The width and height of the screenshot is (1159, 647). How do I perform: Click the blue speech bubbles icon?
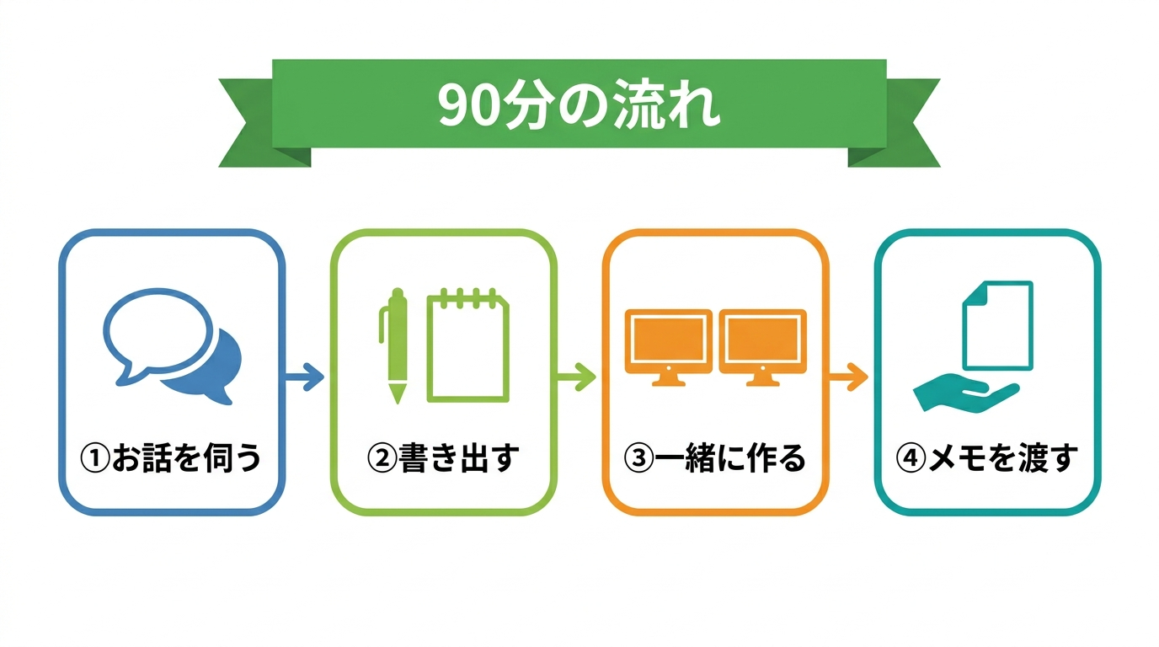(173, 345)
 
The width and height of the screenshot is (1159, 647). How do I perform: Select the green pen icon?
(394, 345)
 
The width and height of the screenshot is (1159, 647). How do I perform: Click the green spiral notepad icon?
(467, 345)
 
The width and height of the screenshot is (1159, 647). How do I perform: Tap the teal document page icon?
(997, 325)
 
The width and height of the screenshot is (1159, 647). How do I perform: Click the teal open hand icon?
(965, 393)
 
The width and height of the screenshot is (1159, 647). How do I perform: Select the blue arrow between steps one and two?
(305, 377)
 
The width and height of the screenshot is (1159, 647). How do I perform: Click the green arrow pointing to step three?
(576, 377)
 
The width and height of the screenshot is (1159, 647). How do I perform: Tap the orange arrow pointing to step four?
(848, 377)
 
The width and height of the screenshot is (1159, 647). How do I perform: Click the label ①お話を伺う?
(171, 457)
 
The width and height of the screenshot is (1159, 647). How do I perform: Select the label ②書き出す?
(443, 457)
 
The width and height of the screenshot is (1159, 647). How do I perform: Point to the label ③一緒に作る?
(714, 457)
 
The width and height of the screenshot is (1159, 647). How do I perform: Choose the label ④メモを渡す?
(986, 457)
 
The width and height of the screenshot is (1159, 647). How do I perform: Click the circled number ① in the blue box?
(95, 458)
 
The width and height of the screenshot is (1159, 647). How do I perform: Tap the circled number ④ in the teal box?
(911, 458)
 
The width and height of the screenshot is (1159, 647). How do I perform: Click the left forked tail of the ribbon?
(259, 123)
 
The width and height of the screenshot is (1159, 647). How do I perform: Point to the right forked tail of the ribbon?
(900, 123)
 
